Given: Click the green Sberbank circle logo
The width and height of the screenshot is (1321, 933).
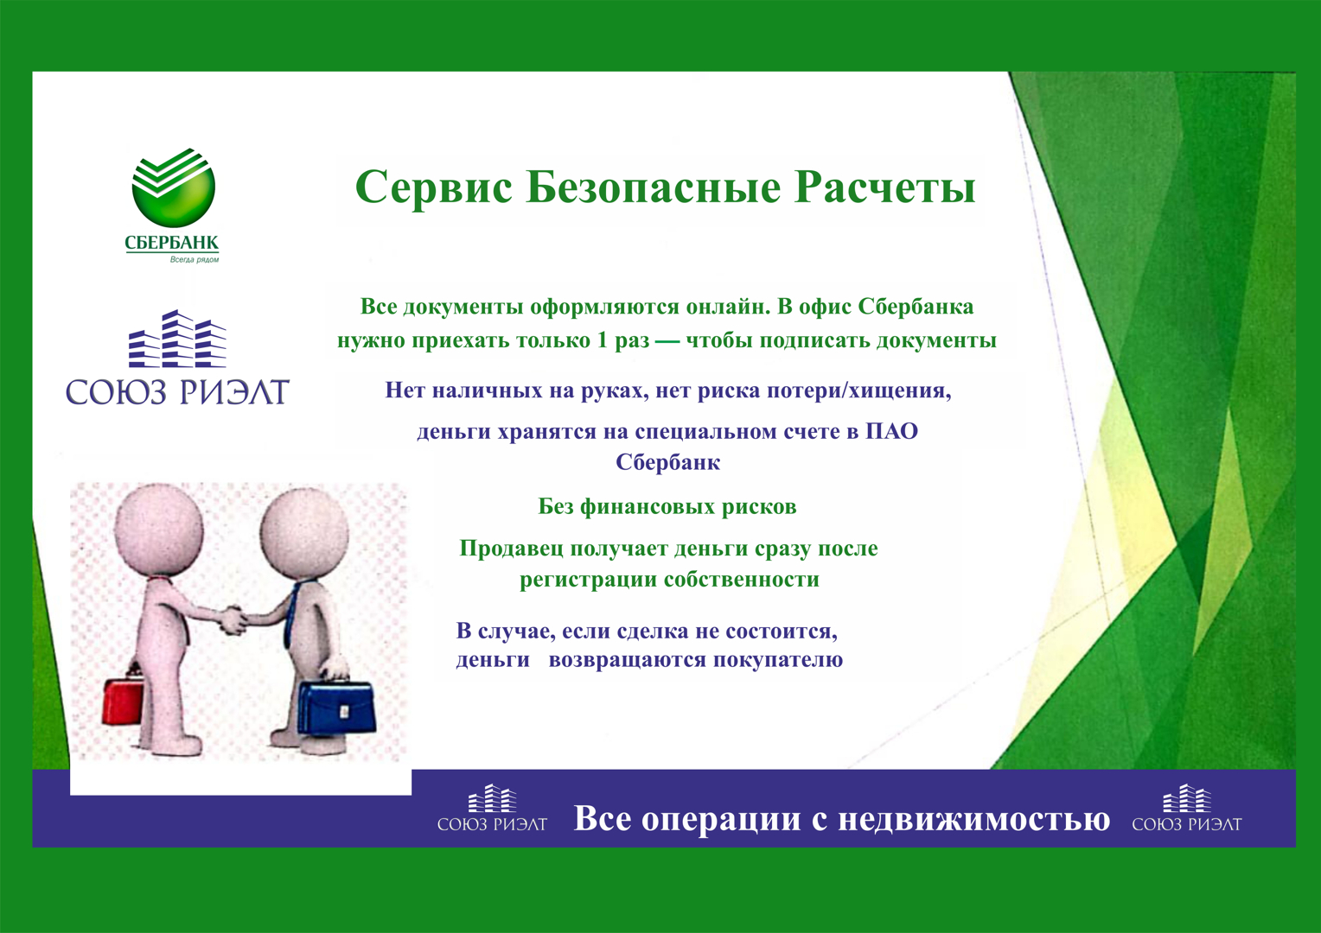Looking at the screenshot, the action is (x=174, y=187).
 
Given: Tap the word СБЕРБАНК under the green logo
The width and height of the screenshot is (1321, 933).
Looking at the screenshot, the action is (x=172, y=243).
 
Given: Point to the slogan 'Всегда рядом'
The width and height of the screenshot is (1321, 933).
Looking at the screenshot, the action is (x=194, y=259).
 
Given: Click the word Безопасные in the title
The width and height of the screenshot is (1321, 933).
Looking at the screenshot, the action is (x=653, y=188).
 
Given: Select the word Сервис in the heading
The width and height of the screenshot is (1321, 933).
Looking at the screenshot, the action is (x=433, y=188).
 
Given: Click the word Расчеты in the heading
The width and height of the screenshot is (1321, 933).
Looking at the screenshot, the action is (x=884, y=188).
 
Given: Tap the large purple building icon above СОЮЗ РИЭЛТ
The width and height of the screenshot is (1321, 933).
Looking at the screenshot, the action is (x=177, y=339).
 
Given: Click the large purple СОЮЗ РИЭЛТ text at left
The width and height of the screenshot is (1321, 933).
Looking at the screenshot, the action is (x=177, y=392).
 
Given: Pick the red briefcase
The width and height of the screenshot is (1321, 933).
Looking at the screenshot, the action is (x=123, y=701).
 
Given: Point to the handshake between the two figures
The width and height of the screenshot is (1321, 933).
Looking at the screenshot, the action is (x=233, y=619).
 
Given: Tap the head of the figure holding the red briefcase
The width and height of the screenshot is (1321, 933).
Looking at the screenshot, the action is (x=158, y=528).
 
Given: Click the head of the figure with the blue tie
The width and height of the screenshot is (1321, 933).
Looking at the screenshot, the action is (x=304, y=532).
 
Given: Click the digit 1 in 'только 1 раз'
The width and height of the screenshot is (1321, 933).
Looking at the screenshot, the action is (x=602, y=340).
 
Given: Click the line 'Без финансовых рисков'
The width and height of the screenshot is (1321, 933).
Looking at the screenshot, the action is (x=667, y=507).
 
